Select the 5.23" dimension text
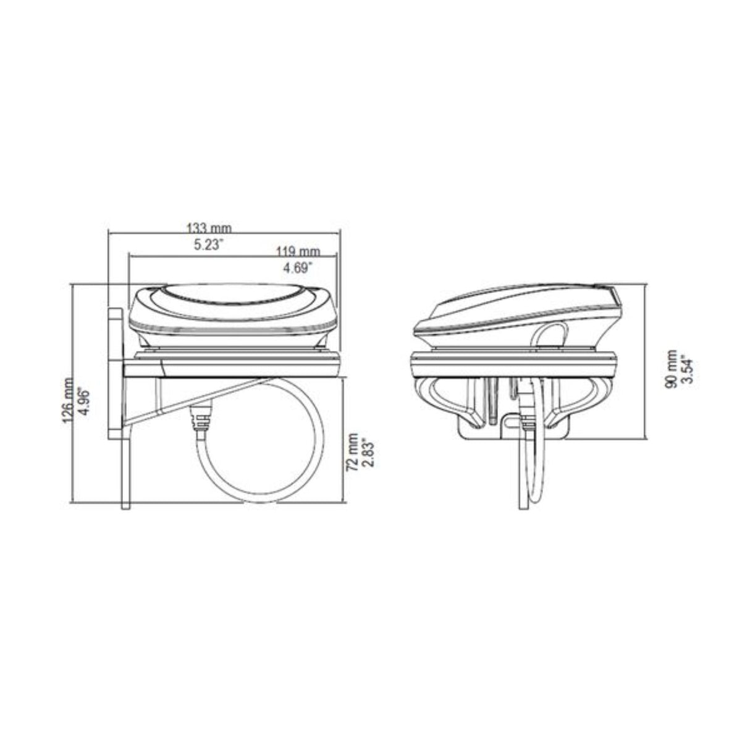[x=208, y=245]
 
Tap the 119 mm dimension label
[x=298, y=251]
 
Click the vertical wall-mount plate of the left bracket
[x=116, y=371]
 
